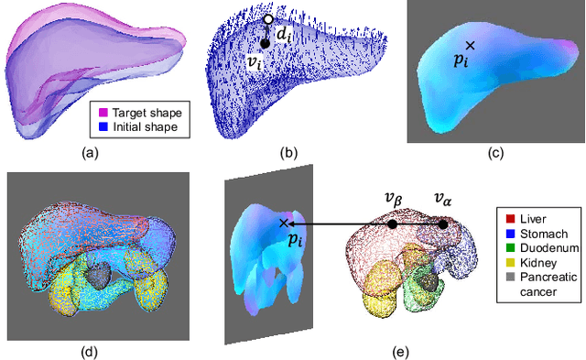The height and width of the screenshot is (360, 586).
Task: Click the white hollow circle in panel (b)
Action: (267, 19)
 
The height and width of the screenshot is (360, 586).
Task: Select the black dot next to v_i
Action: (264, 42)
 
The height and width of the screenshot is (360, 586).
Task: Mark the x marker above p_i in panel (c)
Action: (470, 45)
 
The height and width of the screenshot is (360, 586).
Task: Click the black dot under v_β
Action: (392, 224)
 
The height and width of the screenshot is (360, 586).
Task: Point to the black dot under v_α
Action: (443, 224)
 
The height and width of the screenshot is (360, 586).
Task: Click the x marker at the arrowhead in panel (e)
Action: (284, 223)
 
